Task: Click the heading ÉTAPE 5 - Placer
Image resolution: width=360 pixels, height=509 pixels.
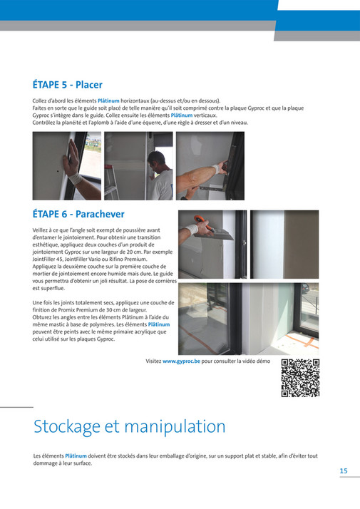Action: [x=68, y=85]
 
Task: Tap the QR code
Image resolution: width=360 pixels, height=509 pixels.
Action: [x=299, y=378]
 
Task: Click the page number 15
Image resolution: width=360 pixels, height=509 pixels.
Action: [x=343, y=471]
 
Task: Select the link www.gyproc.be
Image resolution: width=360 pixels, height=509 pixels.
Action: [x=181, y=361]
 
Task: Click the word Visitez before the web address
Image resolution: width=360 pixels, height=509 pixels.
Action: [x=153, y=361]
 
